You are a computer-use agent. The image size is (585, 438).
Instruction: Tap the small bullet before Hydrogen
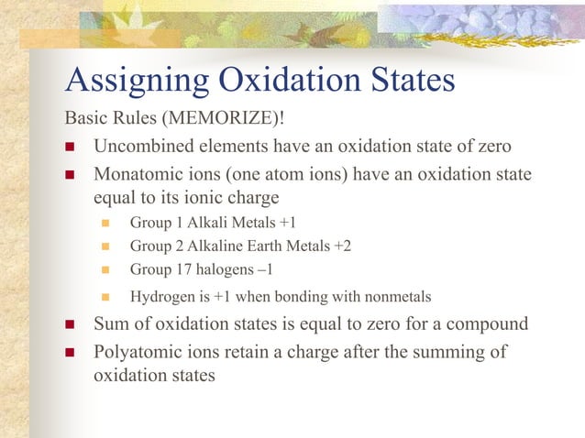click(x=105, y=297)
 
